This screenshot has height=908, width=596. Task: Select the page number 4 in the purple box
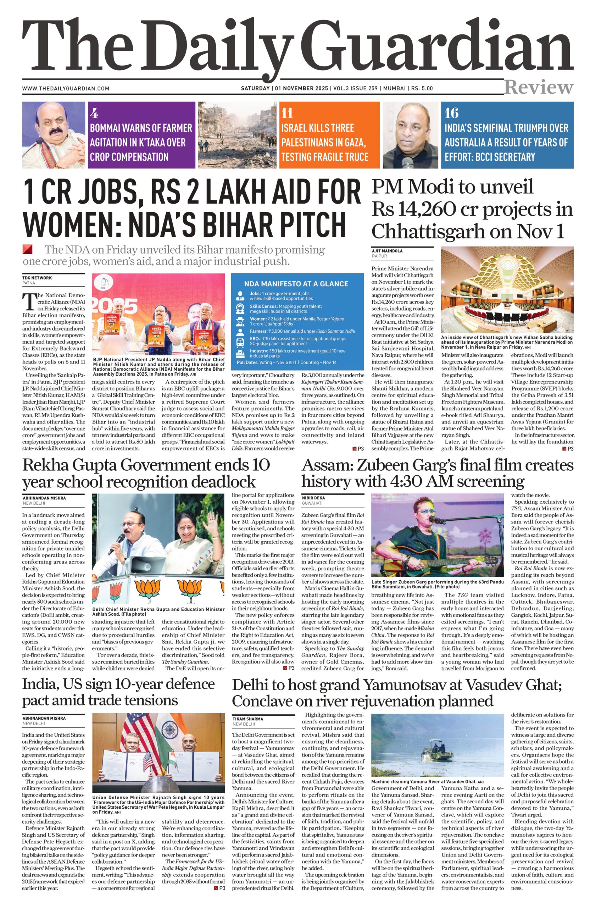click(94, 113)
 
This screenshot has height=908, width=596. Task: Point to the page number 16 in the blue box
click(451, 113)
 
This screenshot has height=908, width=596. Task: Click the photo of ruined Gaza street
click(238, 135)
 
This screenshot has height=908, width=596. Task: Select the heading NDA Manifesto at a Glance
click(296, 283)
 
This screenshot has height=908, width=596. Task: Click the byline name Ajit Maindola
click(387, 251)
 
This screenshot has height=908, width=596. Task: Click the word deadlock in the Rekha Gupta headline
click(220, 481)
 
